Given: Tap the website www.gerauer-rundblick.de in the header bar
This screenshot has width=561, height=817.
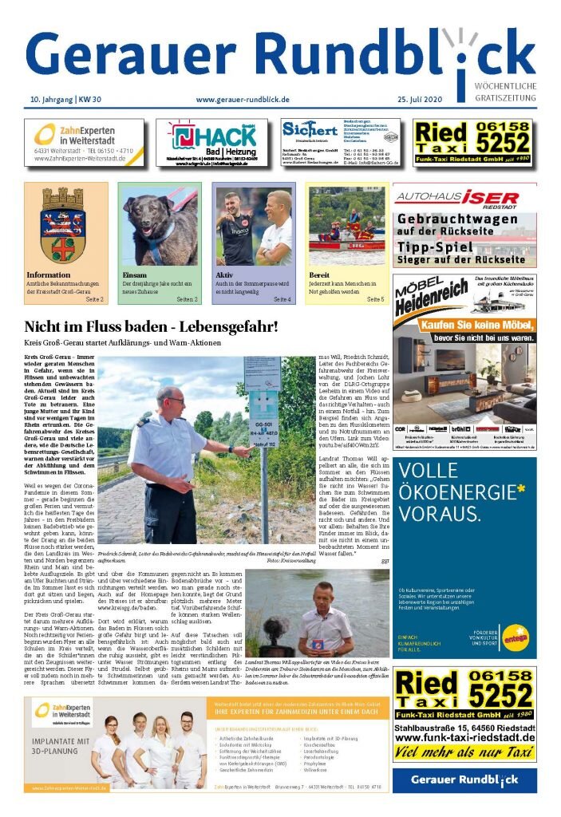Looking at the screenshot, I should click(x=242, y=99).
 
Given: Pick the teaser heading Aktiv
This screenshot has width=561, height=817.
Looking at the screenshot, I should click(x=223, y=274).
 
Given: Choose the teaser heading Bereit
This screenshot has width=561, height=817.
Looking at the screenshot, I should click(x=318, y=274).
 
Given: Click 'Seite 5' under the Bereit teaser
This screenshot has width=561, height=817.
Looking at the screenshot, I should click(x=375, y=299).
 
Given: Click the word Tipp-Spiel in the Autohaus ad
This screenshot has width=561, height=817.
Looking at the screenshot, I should click(x=437, y=246).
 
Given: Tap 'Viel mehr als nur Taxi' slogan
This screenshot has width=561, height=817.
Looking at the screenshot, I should click(x=464, y=752).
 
